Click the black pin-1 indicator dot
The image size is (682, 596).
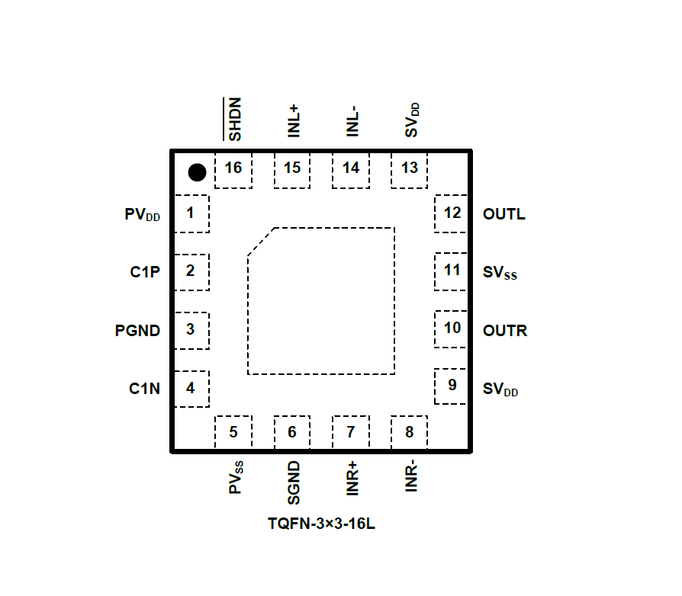coord(197,172)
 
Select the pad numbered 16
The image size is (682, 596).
coord(233,169)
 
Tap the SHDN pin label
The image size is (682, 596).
coord(233,120)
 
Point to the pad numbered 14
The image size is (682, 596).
coord(351,169)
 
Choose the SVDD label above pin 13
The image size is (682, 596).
coord(412,120)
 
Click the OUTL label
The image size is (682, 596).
coord(503,214)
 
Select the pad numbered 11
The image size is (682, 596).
coord(452,271)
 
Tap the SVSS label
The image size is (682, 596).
coord(500,272)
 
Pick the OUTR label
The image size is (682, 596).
coord(504,331)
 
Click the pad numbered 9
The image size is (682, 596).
coord(452,386)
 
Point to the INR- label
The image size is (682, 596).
coord(411,476)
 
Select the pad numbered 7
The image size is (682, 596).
coord(351,434)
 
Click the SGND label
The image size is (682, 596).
coord(293,483)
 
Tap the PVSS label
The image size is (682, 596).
coord(236,477)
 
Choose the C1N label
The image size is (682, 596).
coord(144,389)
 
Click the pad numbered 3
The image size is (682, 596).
coord(191,330)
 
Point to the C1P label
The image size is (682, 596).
coord(144,271)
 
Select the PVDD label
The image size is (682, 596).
coord(143,214)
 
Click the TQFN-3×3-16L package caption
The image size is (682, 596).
coord(321,525)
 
